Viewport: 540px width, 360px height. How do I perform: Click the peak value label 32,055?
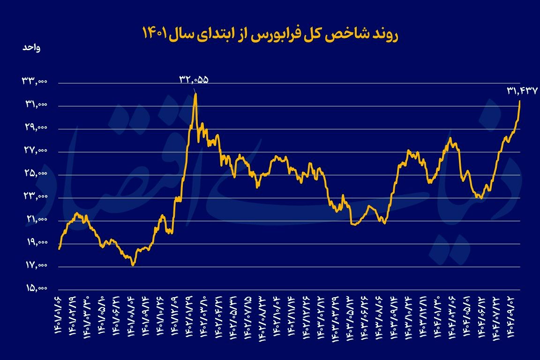point(193,79)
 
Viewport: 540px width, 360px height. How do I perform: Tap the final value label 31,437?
point(522,90)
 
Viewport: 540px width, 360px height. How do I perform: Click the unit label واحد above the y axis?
point(31,48)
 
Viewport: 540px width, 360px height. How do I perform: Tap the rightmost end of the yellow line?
point(520,101)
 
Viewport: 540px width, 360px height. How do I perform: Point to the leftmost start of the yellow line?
point(59,248)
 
